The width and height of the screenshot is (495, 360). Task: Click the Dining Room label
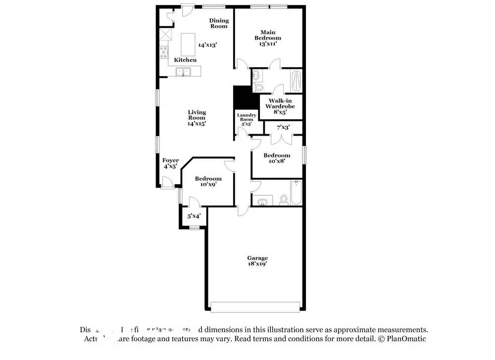pyautogui.click(x=219, y=23)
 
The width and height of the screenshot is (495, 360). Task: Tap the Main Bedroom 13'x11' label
pyautogui.click(x=268, y=38)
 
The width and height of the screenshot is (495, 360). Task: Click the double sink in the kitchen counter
pyautogui.click(x=183, y=72)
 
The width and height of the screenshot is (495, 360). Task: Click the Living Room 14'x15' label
pyautogui.click(x=197, y=118)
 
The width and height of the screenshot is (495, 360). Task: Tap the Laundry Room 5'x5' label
pyautogui.click(x=246, y=119)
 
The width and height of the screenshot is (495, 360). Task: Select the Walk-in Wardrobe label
pyautogui.click(x=280, y=106)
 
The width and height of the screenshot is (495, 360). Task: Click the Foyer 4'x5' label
pyautogui.click(x=170, y=163)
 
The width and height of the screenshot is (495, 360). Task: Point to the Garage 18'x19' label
pyautogui.click(x=257, y=261)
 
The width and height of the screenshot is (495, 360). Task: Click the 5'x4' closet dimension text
pyautogui.click(x=193, y=216)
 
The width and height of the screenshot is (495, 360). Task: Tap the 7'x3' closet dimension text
pyautogui.click(x=283, y=127)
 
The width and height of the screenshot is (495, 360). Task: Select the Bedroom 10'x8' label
pyautogui.click(x=277, y=158)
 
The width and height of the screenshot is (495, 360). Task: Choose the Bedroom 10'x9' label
pyautogui.click(x=208, y=181)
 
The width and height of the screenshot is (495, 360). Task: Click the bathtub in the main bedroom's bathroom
pyautogui.click(x=296, y=81)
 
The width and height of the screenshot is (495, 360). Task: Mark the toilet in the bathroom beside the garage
pyautogui.click(x=284, y=200)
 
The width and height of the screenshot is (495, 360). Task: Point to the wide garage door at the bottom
pyautogui.click(x=255, y=307)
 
